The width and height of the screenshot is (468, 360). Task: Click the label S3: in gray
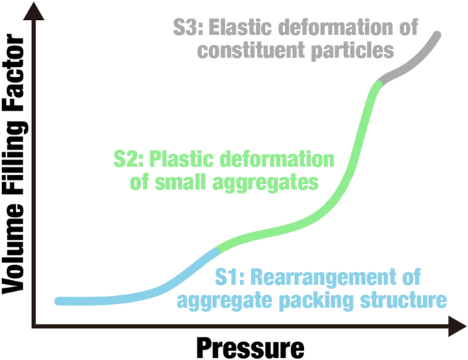coord(188,29)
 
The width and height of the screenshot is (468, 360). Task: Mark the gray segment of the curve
coord(410,61)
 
